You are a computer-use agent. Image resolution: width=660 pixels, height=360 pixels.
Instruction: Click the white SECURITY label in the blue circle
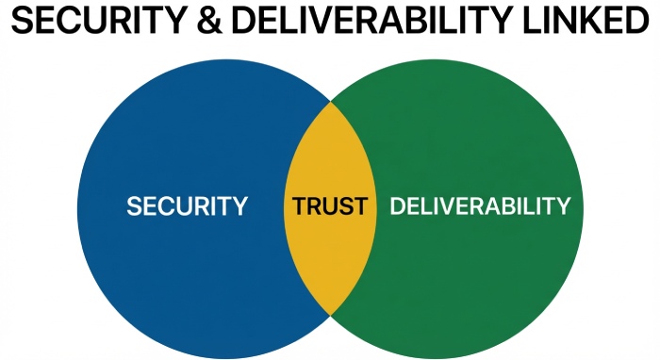187,206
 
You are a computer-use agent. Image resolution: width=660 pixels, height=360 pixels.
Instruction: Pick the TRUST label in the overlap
330,206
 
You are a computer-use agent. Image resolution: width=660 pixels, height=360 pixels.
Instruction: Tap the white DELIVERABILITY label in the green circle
480,206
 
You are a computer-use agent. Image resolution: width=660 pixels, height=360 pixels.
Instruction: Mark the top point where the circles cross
330,99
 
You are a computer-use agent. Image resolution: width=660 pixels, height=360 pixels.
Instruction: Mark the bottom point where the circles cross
330,315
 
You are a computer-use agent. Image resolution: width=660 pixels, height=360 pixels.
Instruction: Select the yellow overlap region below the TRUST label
330,264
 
